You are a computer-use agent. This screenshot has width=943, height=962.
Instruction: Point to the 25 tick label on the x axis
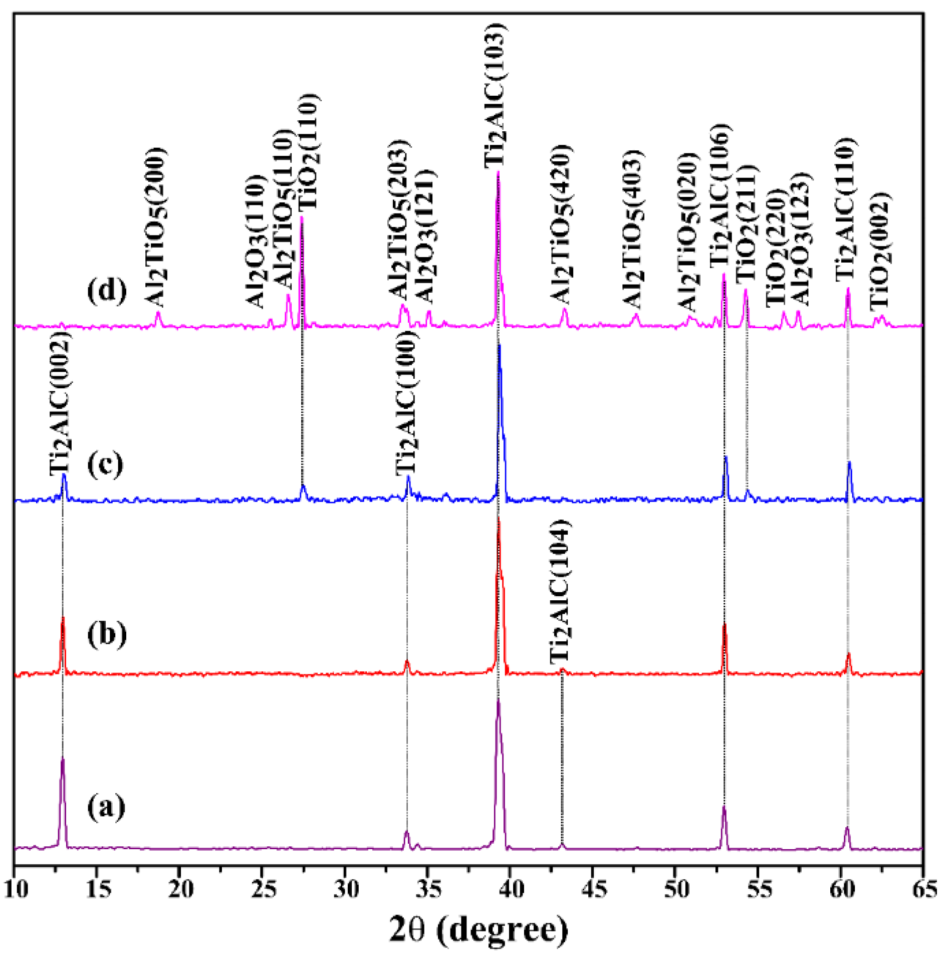pyautogui.click(x=263, y=890)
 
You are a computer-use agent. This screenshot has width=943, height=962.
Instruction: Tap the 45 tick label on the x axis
pyautogui.click(x=593, y=890)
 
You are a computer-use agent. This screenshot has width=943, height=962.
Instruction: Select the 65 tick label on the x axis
pyautogui.click(x=923, y=890)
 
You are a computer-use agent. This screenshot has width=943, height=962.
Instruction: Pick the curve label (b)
pyautogui.click(x=107, y=635)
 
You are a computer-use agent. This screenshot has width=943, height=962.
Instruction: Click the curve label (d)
pyautogui.click(x=107, y=291)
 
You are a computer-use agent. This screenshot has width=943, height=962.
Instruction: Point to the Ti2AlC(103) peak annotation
pyautogui.click(x=495, y=95)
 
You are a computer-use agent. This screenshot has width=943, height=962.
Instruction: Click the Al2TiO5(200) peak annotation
pyautogui.click(x=155, y=228)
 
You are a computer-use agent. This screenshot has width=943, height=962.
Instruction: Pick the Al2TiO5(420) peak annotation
pyautogui.click(x=561, y=224)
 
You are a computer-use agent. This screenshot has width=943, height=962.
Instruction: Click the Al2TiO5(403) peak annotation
pyautogui.click(x=632, y=228)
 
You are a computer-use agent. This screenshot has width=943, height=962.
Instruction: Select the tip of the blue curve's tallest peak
pyautogui.click(x=499, y=346)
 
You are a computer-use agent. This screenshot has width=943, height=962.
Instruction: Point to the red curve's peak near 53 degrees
pyautogui.click(x=725, y=625)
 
